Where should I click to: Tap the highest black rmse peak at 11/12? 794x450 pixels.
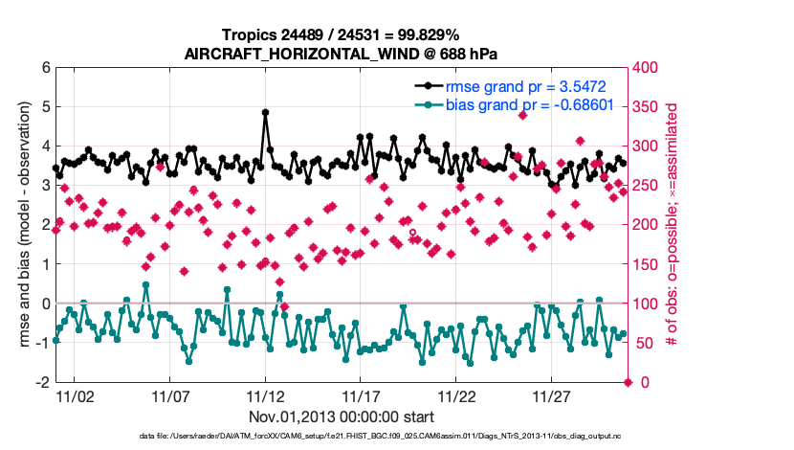pos(265,112)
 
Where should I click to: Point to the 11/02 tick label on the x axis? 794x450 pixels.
pos(74,395)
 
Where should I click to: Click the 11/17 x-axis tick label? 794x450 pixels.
pos(361,395)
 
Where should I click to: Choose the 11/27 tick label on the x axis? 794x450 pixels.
pos(552,395)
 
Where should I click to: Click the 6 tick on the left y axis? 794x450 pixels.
pos(45,68)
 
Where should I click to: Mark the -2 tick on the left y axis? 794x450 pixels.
pos(42,382)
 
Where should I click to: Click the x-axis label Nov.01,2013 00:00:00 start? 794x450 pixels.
pos(342,416)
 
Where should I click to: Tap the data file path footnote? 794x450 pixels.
pos(342,438)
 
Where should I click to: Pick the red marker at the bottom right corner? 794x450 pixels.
pos(628,382)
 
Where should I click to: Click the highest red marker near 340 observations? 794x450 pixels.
pos(522,115)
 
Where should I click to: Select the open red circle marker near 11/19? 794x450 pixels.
pos(412,232)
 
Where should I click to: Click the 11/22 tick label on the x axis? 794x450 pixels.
pos(456,395)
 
